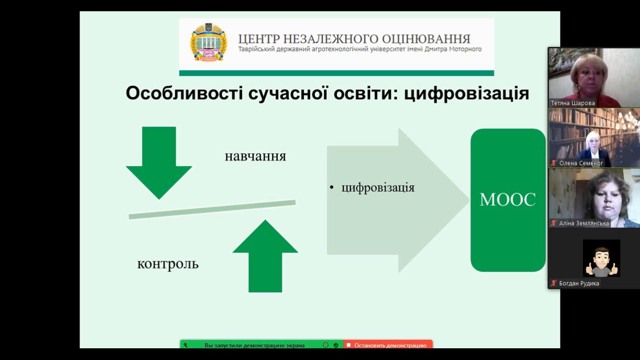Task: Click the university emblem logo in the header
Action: coord(208,42)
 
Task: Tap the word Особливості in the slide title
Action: coord(184,93)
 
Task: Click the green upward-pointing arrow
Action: coord(266,256)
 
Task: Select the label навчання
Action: coord(255,156)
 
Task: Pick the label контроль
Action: coord(168,264)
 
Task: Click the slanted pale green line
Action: coord(212,210)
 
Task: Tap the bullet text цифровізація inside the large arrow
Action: coord(378,188)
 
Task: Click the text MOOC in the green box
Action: coord(508,199)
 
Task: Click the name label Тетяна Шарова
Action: coord(573,103)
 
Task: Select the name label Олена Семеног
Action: coord(581,163)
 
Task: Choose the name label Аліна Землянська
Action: coord(584,223)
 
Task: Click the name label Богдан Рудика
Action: coord(579,284)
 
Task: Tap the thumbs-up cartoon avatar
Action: coord(602,258)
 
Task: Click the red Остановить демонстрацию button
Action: coord(388,345)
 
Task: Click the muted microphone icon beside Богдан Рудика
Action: coord(554,284)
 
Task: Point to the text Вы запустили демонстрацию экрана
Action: coord(254,345)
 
